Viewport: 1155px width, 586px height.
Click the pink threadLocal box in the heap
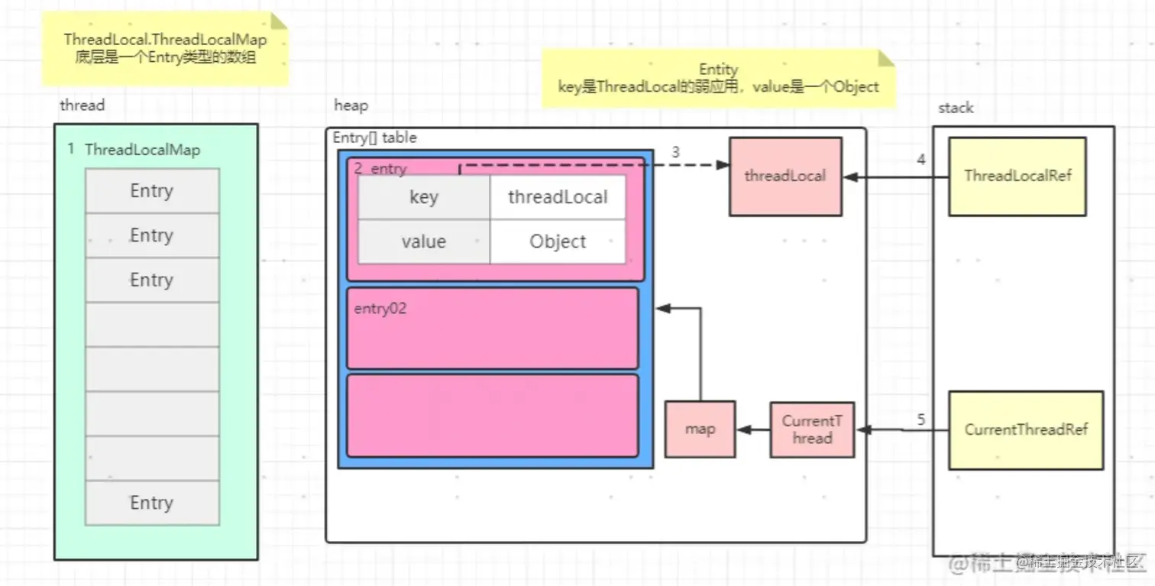click(785, 176)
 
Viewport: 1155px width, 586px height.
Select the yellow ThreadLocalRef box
click(1017, 176)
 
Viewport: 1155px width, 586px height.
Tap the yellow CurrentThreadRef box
click(1025, 430)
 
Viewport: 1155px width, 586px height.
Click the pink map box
click(700, 429)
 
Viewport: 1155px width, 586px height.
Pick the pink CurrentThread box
click(811, 429)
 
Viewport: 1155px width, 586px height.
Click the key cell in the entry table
click(424, 198)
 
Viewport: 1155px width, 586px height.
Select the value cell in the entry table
click(424, 242)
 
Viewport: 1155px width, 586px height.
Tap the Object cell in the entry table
click(558, 242)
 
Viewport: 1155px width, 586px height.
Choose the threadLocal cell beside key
click(558, 198)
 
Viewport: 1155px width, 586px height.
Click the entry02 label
click(380, 309)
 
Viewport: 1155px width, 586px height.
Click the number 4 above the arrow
click(920, 160)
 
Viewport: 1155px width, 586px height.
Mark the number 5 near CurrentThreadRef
click(920, 419)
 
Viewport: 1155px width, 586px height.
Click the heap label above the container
click(351, 106)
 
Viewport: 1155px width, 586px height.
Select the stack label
click(956, 108)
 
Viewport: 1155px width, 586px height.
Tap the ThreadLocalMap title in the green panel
click(142, 150)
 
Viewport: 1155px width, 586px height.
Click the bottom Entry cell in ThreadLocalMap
click(151, 503)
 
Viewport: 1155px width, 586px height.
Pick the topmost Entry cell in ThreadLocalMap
click(151, 191)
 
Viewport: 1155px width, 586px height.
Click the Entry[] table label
click(375, 138)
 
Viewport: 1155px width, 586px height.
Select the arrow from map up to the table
click(700, 351)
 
